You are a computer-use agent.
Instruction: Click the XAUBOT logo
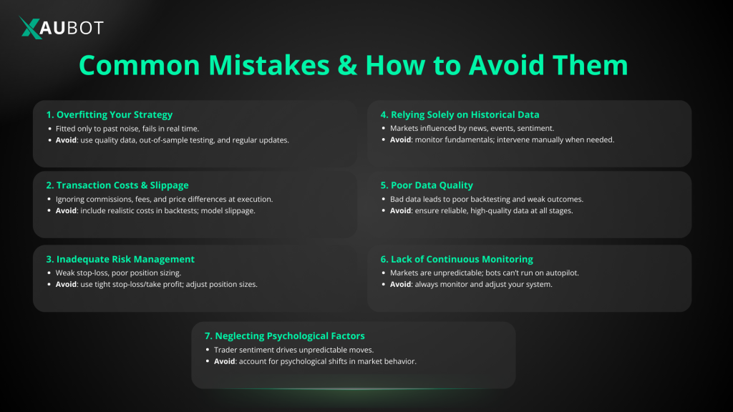coord(62,28)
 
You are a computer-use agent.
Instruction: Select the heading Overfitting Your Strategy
coord(110,114)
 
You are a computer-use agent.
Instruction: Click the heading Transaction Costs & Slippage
coord(117,185)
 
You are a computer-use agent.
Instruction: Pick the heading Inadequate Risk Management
coord(120,259)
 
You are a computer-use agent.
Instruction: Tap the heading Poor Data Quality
coord(432,185)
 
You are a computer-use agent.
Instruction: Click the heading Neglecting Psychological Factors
coord(285,335)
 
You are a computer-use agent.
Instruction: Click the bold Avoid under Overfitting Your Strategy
coord(67,140)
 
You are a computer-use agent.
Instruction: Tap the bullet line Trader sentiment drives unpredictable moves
coord(293,349)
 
